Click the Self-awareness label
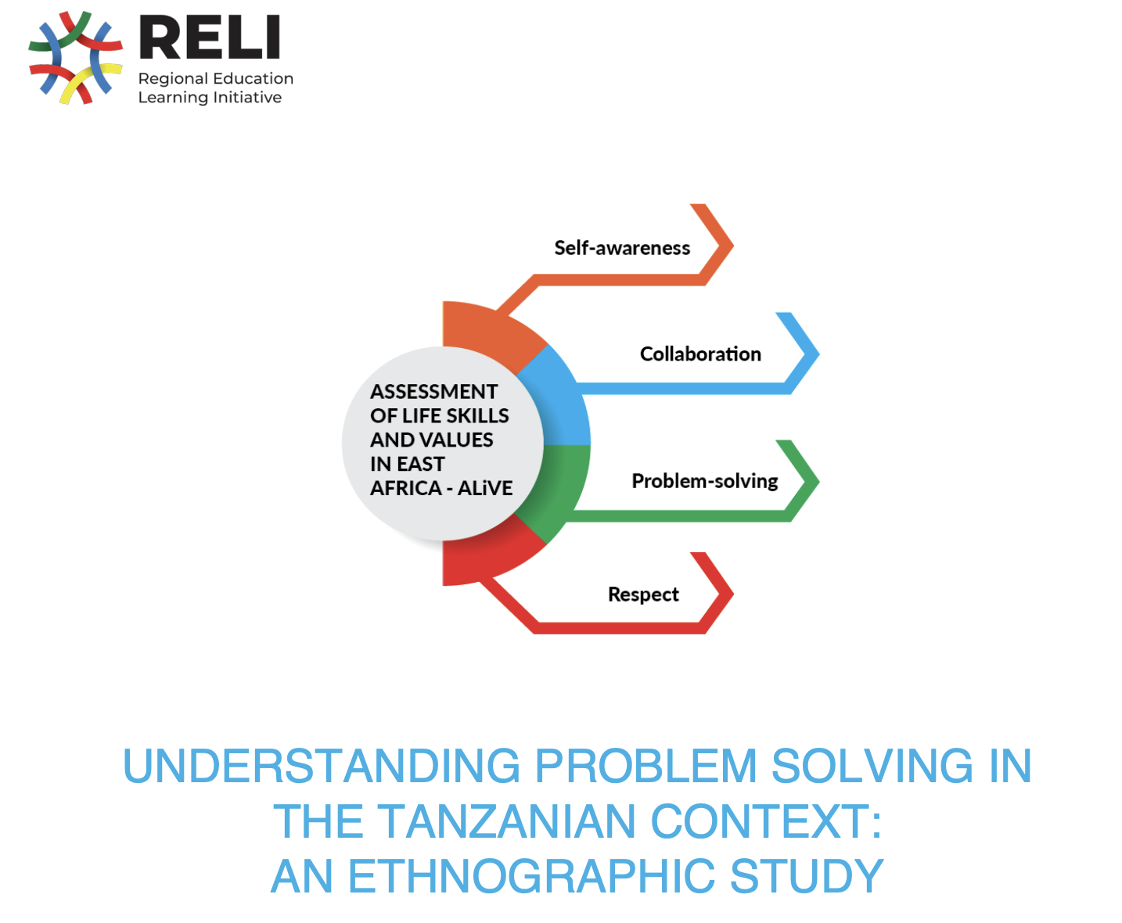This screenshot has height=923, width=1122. click(621, 248)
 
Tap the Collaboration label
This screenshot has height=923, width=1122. click(700, 354)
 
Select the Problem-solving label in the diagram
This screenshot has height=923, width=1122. click(704, 482)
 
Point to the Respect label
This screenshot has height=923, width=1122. click(643, 594)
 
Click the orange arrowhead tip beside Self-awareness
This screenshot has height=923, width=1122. click(733, 246)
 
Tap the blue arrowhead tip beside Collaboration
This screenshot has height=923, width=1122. click(818, 354)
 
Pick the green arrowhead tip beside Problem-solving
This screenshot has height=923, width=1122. click(818, 482)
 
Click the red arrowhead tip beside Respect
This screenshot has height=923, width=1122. click(733, 593)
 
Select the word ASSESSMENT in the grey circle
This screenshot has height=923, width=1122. click(433, 392)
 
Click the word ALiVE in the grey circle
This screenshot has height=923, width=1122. click(484, 488)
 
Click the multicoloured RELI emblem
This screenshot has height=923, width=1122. click(76, 57)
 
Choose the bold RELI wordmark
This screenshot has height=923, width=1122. click(210, 37)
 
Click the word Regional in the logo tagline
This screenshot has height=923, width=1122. click(173, 79)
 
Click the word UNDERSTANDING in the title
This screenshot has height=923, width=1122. click(322, 766)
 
